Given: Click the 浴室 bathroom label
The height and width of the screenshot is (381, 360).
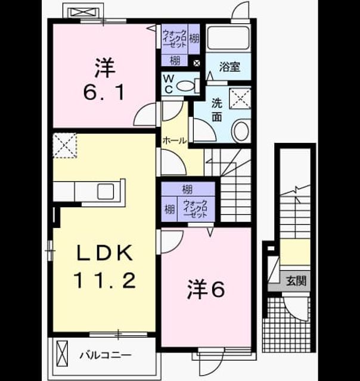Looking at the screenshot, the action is point(229,67).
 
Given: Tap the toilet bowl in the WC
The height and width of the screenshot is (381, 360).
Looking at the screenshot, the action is point(185,86).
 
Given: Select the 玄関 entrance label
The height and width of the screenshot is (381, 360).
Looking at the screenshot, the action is point(296,281).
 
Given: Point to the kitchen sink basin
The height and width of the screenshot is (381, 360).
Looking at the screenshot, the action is point(105,191).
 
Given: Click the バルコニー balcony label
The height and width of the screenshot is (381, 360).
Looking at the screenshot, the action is point(106,355).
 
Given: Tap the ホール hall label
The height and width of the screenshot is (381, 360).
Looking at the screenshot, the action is point(175,140).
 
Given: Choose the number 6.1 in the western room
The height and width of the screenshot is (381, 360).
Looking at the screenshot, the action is point(104,93).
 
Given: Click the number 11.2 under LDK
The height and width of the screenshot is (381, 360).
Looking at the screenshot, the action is point(104,280).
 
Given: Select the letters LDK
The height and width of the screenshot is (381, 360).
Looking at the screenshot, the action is point(105,252).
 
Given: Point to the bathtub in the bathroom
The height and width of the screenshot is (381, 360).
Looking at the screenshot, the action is point(228,38).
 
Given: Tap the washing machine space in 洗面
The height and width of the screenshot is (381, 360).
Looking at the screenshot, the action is point(240,98).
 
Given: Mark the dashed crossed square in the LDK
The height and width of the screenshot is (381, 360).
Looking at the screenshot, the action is point(65,145).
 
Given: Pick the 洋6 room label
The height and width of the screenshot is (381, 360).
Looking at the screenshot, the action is point(206,290).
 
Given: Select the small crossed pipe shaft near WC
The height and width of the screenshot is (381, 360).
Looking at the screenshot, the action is point(197,64).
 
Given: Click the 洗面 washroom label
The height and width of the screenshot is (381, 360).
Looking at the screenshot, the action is point(216,110).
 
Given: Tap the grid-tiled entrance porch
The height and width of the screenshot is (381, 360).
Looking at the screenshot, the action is point(287,324).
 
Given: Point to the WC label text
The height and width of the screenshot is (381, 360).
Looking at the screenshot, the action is point(169,84).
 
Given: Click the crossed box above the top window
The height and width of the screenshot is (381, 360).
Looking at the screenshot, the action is point(84,12).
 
